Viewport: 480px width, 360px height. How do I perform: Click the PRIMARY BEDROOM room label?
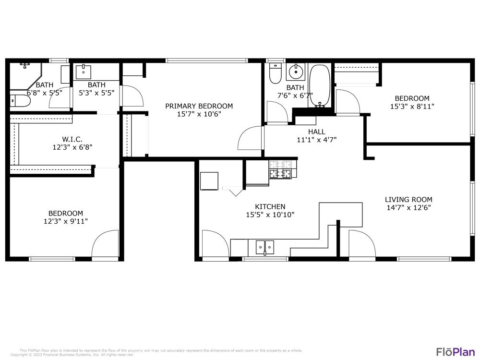pos(199,106)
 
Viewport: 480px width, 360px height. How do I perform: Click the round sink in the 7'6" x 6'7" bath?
pos(295,73)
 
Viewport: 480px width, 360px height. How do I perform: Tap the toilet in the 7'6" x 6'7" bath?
pos(275,74)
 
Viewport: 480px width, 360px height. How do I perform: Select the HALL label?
pos(316,132)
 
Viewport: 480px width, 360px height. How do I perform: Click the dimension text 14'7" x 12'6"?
pos(408,208)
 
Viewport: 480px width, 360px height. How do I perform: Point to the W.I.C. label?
pos(72,139)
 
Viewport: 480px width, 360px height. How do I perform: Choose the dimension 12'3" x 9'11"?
pos(65,221)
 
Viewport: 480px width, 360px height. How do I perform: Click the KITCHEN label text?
pos(270,206)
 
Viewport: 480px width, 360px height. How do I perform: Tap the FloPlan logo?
pos(455,351)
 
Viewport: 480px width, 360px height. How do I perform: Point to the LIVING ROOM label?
pos(408,200)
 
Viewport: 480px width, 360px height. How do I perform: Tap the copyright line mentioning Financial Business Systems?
pos(72,355)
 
